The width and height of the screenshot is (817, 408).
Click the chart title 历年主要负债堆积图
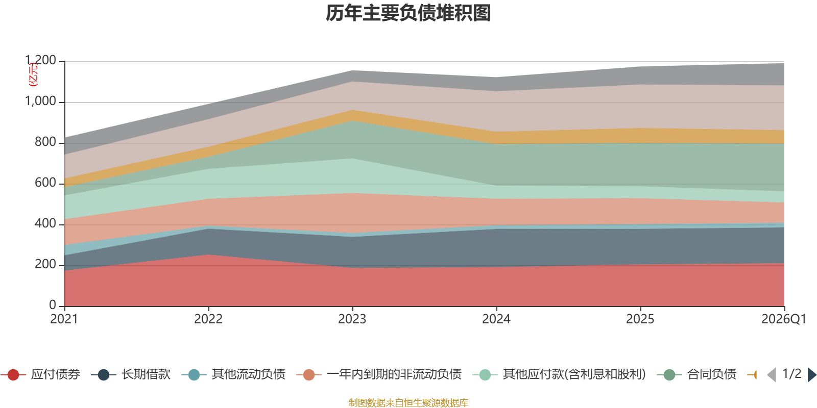(408, 14)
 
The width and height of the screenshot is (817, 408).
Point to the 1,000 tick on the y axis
(41, 101)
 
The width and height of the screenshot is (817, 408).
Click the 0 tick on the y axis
(53, 305)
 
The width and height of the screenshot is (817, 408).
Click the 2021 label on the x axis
(64, 319)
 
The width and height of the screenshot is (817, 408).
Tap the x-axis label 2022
(208, 319)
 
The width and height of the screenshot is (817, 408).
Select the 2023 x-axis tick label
(352, 319)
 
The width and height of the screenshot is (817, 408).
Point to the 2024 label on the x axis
(496, 319)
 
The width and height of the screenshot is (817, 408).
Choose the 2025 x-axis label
(640, 319)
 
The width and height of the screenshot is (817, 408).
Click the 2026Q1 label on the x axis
(783, 319)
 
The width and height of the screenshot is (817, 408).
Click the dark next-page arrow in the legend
(811, 375)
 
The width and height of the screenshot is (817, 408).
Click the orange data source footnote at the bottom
(408, 403)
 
